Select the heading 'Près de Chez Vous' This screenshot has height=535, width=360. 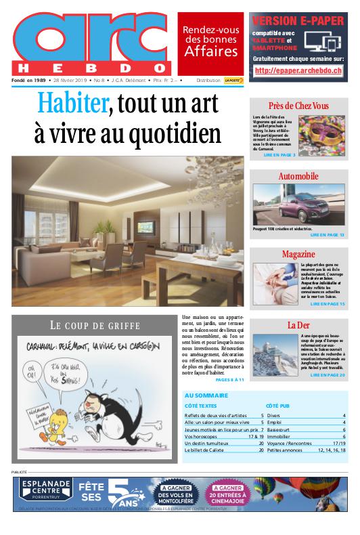(x=298, y=106)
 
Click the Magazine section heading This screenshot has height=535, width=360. (x=298, y=253)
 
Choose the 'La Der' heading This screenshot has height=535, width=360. (x=298, y=324)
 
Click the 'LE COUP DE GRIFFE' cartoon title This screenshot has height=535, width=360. (x=95, y=324)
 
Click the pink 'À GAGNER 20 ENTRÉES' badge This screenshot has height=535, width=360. (x=229, y=493)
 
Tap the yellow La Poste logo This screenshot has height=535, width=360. (x=234, y=80)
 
